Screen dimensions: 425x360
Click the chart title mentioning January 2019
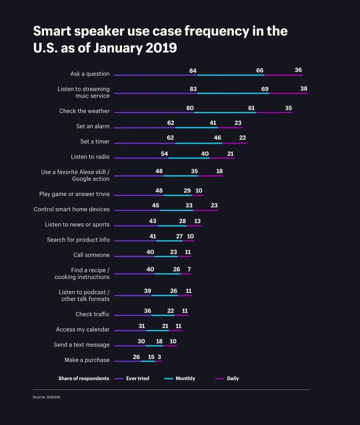160,39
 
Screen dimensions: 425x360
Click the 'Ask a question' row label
90,74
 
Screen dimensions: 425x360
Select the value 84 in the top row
193,70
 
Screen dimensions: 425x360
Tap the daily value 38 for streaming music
304,89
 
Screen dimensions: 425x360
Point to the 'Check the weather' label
84,111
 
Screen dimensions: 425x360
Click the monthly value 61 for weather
251,107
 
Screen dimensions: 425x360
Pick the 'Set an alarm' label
93,126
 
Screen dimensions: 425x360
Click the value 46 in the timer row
218,138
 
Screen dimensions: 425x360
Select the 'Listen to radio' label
90,157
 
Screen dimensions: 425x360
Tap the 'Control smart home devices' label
71,209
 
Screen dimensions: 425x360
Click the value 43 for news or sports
152,221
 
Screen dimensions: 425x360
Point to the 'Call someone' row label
91,255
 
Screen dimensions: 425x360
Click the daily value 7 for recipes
189,269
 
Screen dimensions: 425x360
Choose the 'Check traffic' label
93,314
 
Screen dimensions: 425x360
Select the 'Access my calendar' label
83,329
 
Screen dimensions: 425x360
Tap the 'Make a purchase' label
87,360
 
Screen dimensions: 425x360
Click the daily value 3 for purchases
159,357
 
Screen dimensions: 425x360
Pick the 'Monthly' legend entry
185,378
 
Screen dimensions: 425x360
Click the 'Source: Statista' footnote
46,397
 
